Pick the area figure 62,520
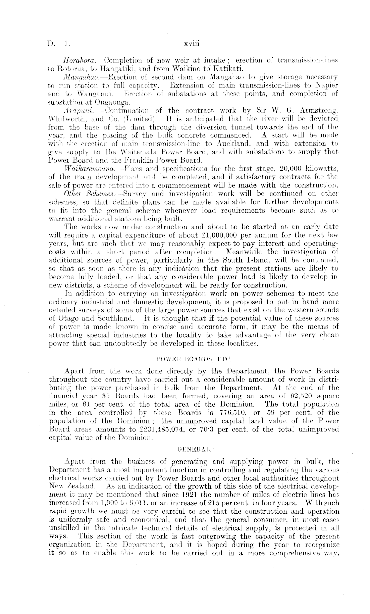(302, 396)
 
